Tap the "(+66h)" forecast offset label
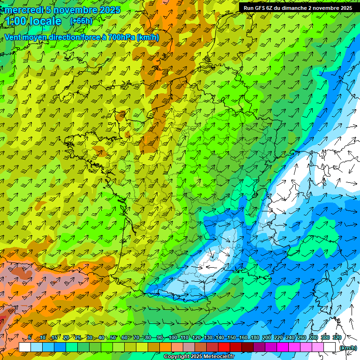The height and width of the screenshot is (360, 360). coord(81,21)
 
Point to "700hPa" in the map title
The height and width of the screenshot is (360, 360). coord(123,37)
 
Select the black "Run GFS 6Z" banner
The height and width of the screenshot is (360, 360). coord(298,7)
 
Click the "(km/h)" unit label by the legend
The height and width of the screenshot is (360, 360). coord(348,347)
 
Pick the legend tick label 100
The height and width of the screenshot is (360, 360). coord(172,338)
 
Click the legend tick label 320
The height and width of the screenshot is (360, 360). coord(337,338)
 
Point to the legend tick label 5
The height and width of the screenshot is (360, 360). coord(30,338)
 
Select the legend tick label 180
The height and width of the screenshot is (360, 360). coord(255,338)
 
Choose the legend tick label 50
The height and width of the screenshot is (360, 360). coord(113,338)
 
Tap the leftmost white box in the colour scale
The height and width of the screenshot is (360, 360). coord(24,347)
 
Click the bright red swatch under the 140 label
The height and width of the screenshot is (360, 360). coord(224,347)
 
